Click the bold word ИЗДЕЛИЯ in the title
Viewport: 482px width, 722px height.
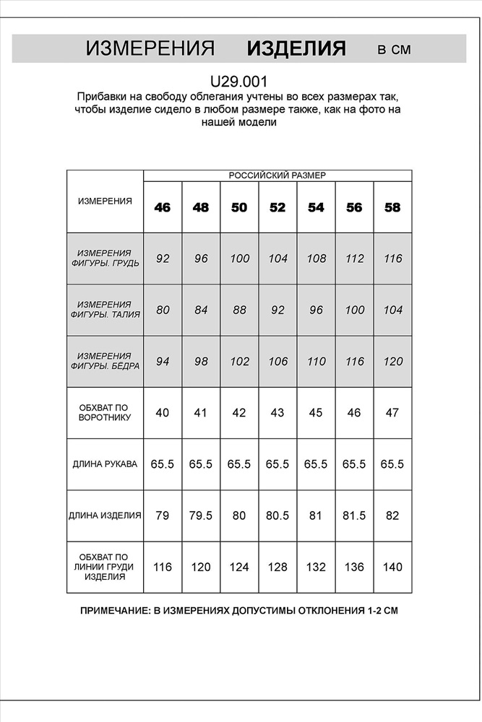click(296, 49)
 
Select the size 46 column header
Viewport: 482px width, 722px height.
click(163, 208)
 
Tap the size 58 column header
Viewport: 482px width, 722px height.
click(392, 208)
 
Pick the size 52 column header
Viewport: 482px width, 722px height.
click(277, 208)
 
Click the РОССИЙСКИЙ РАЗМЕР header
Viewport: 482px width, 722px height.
click(277, 175)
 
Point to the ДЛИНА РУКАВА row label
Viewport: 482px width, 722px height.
click(105, 464)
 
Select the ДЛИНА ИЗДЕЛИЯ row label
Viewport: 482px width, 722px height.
click(105, 516)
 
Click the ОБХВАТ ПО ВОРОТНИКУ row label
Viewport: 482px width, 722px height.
click(105, 413)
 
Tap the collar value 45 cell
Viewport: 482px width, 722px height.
click(316, 413)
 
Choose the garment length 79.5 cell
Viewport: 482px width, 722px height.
click(201, 516)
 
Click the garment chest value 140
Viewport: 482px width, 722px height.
click(392, 567)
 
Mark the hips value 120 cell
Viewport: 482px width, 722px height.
click(392, 362)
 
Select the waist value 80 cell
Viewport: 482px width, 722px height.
click(163, 310)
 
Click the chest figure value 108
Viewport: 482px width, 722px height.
click(316, 258)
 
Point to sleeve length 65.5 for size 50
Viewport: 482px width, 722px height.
click(239, 464)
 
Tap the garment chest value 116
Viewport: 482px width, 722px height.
click(163, 567)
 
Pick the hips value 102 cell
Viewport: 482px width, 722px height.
click(239, 362)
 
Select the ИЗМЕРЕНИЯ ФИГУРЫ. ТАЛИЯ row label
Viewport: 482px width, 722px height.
click(105, 310)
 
